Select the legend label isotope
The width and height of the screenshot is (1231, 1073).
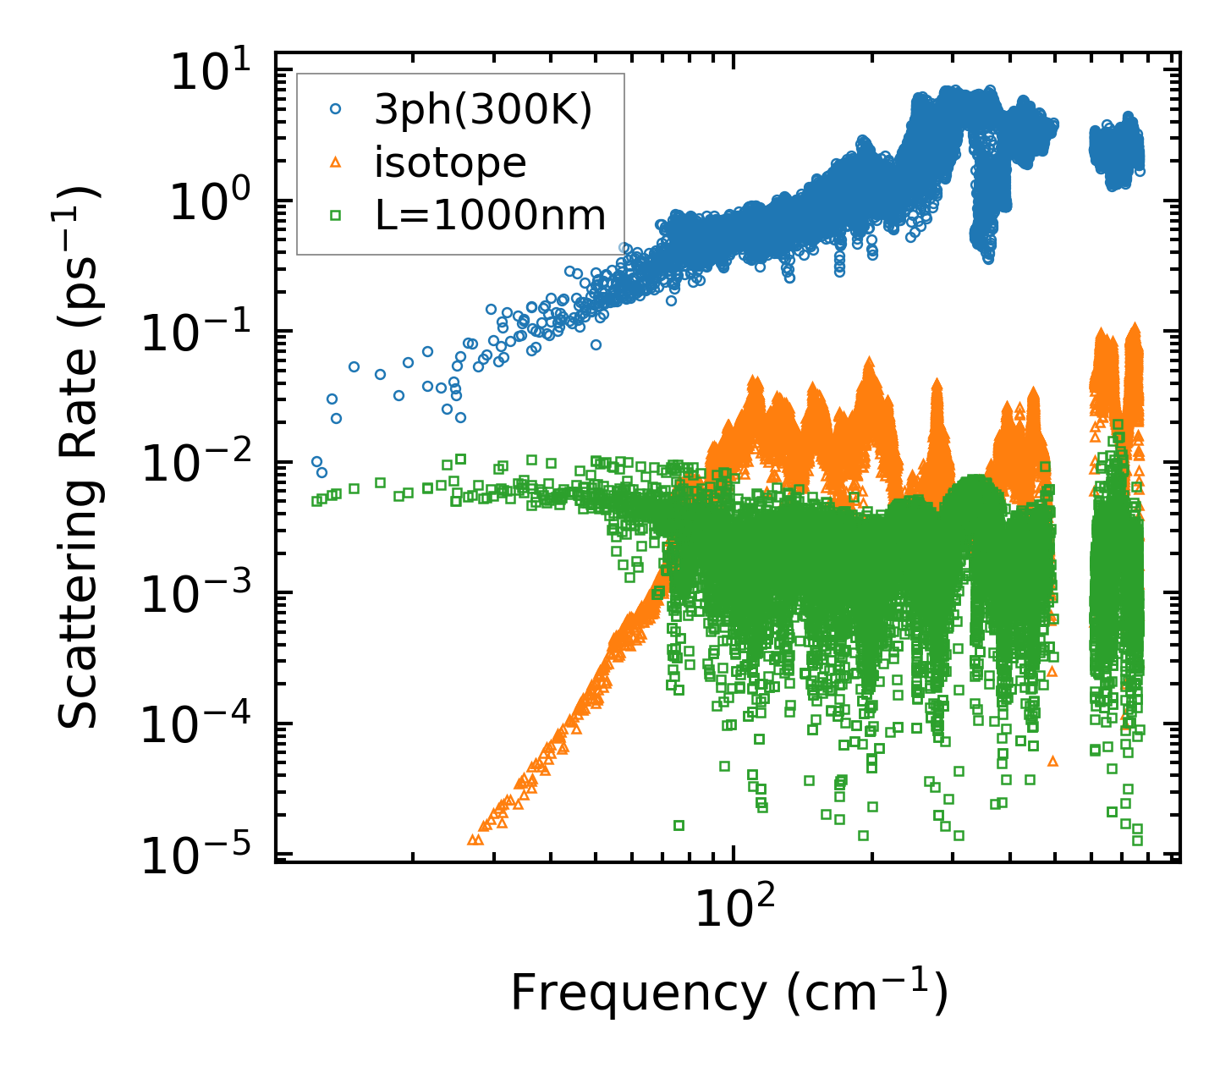(x=450, y=162)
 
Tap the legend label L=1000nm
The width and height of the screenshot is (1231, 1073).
(x=490, y=216)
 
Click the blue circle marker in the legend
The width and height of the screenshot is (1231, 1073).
(x=335, y=109)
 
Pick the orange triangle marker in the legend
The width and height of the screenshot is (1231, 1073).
(x=335, y=162)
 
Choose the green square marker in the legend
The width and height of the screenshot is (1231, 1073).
(x=335, y=216)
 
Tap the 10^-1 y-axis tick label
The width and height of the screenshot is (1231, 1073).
(x=204, y=333)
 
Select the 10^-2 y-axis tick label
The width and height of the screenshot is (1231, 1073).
(x=204, y=464)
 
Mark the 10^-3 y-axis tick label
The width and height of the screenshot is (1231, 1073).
(x=204, y=595)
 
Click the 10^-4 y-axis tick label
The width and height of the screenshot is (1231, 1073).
(x=204, y=725)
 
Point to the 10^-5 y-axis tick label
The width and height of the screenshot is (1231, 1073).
(x=204, y=856)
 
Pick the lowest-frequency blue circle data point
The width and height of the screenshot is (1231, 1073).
(x=316, y=462)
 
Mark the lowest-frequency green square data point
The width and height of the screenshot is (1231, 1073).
(x=316, y=501)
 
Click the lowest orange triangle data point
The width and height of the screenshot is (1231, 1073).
(x=473, y=839)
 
